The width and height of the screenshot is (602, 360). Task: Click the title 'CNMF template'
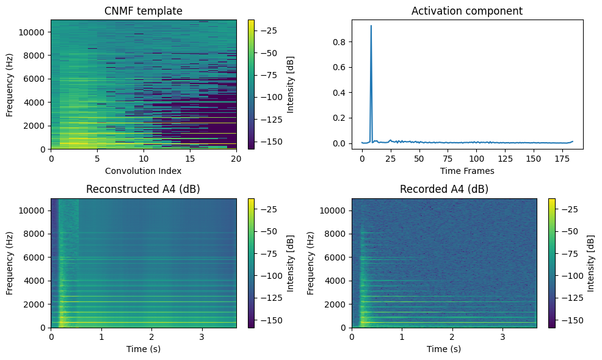pyautogui.click(x=143, y=10)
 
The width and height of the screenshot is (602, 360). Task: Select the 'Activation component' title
pyautogui.click(x=467, y=10)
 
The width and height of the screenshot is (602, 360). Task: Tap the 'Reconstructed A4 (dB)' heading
pyautogui.click(x=143, y=189)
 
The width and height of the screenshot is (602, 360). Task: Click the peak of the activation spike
pyautogui.click(x=371, y=26)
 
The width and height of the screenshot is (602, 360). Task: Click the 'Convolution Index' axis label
pyautogui.click(x=143, y=171)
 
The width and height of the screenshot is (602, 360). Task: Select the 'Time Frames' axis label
pyautogui.click(x=467, y=171)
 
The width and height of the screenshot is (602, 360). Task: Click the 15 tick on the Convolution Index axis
pyautogui.click(x=190, y=159)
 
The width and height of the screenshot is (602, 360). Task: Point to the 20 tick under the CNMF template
pyautogui.click(x=236, y=159)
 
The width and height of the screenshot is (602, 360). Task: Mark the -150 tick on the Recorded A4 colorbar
pyautogui.click(x=569, y=320)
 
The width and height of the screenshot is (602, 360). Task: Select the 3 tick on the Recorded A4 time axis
pyautogui.click(x=502, y=337)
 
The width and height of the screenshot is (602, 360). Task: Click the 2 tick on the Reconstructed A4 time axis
pyautogui.click(x=152, y=337)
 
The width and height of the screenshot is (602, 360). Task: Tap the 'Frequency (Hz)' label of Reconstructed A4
pyautogui.click(x=10, y=263)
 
